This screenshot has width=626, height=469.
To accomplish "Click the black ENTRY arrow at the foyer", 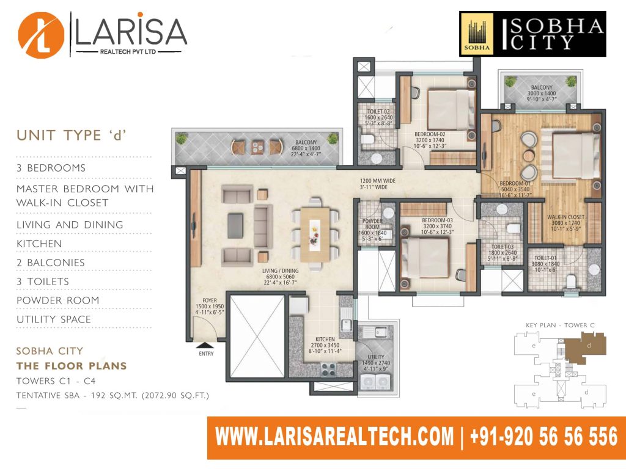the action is click(206, 346).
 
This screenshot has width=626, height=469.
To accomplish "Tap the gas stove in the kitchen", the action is click(328, 369).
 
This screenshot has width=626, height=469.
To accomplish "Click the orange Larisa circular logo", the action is click(41, 35).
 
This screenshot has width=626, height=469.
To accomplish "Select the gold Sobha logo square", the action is click(477, 35).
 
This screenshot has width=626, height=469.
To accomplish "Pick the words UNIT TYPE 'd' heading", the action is click(72, 136).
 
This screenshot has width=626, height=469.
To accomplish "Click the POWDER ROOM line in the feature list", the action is click(58, 300).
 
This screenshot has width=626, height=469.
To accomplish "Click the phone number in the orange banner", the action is click(543, 436).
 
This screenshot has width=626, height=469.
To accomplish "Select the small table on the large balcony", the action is click(257, 147).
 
